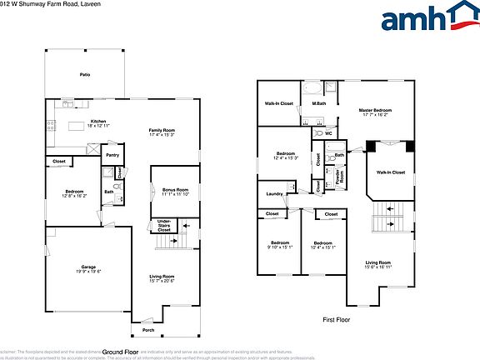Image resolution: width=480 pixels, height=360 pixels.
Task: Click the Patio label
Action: pos(85,74)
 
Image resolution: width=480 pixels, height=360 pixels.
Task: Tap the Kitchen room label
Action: pos(99,120)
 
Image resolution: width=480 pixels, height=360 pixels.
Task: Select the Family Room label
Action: pos(162,130)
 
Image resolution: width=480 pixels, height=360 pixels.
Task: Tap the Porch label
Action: pos(147,330)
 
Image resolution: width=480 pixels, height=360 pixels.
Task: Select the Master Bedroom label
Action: pos(376,110)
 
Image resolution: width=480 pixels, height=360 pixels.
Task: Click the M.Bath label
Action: pos(318,103)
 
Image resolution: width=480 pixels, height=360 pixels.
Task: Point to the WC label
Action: pos(327,133)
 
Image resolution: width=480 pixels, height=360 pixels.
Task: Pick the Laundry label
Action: pos(274,194)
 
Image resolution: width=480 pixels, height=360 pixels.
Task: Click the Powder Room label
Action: pos(338,177)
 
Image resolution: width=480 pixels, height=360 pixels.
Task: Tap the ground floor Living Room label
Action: pos(162,276)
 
